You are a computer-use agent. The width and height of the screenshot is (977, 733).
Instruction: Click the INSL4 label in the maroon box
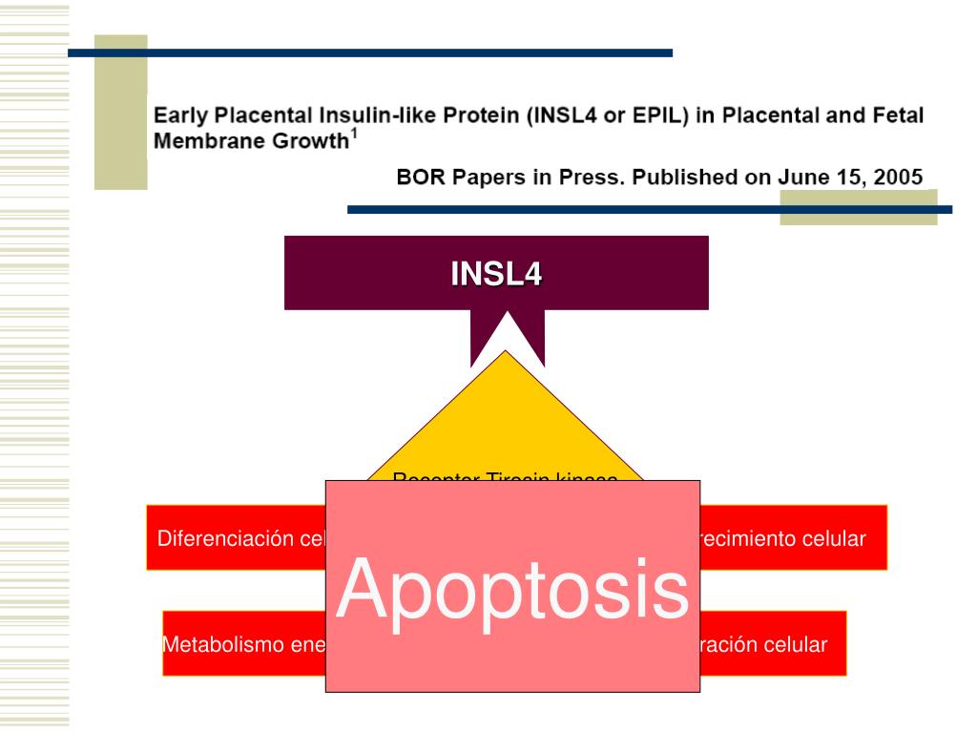(x=496, y=274)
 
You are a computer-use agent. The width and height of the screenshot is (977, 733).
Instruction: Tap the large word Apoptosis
(x=513, y=589)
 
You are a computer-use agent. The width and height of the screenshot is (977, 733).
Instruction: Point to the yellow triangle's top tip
(x=507, y=352)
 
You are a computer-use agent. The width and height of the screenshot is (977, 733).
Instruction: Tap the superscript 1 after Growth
(x=354, y=135)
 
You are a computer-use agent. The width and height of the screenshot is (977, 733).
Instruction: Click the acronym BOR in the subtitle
(x=420, y=177)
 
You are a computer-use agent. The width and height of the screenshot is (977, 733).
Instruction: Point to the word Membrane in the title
(x=201, y=141)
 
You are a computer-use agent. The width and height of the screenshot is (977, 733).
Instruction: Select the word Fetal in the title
(x=896, y=116)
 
